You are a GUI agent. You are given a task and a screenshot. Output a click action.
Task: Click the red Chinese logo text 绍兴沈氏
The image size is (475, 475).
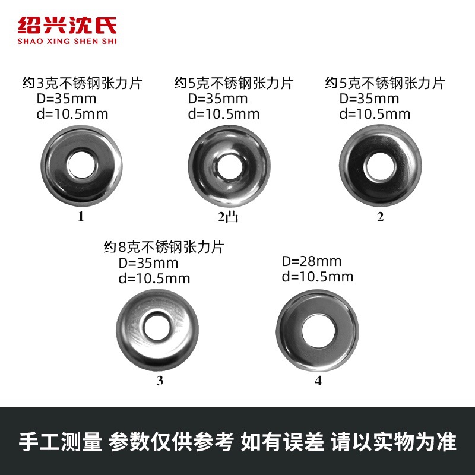67,26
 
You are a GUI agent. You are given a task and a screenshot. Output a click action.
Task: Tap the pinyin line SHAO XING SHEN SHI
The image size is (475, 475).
67,41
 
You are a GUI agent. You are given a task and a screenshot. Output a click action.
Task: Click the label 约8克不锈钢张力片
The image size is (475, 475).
164,246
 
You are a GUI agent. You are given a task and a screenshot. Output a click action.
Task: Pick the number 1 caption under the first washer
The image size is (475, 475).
81,217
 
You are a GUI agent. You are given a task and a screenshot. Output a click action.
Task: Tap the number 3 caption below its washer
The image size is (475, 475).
159,381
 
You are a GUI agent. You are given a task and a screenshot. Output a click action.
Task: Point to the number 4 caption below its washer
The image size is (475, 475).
318,381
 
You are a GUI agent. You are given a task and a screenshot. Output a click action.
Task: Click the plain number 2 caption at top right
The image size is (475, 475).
380,217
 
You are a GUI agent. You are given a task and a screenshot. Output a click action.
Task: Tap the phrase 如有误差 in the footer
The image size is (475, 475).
283,442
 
